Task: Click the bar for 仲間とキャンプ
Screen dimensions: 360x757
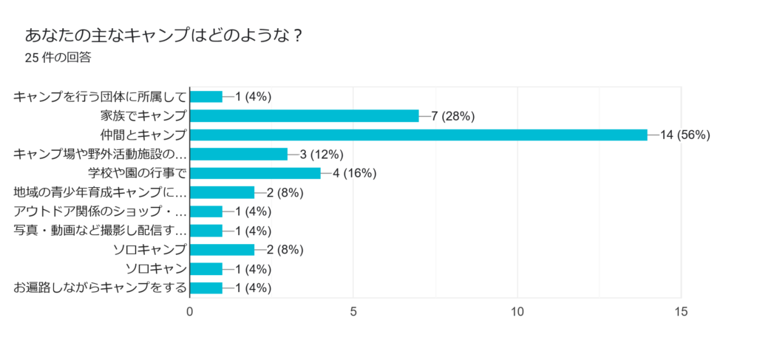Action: [x=419, y=135]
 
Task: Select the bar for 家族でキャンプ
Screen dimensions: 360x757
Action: [x=305, y=115]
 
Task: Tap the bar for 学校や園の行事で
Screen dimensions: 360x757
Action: [x=256, y=173]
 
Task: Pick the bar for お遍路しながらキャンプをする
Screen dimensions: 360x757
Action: [x=206, y=288]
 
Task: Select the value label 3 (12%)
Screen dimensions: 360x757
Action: [x=322, y=154]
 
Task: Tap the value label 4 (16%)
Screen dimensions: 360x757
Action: [x=355, y=173]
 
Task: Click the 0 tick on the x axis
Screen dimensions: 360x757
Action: [x=191, y=312]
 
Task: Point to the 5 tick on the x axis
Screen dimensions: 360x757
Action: [x=354, y=312]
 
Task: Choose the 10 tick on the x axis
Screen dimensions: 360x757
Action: [x=517, y=312]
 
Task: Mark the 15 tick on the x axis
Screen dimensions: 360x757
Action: [x=681, y=312]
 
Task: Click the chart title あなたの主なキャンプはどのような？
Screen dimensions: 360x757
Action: [x=163, y=35]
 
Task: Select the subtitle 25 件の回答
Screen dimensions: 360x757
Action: [x=58, y=58]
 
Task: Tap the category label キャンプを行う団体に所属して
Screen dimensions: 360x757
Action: [x=100, y=96]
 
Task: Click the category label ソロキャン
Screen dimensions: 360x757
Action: [x=156, y=268]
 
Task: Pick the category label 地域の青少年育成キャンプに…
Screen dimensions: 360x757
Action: [x=100, y=192]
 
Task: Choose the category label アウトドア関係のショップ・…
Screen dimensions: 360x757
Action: [x=100, y=211]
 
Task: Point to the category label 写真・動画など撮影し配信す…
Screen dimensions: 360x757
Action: [x=100, y=231]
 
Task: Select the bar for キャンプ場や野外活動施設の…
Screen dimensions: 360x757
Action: [x=239, y=154]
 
